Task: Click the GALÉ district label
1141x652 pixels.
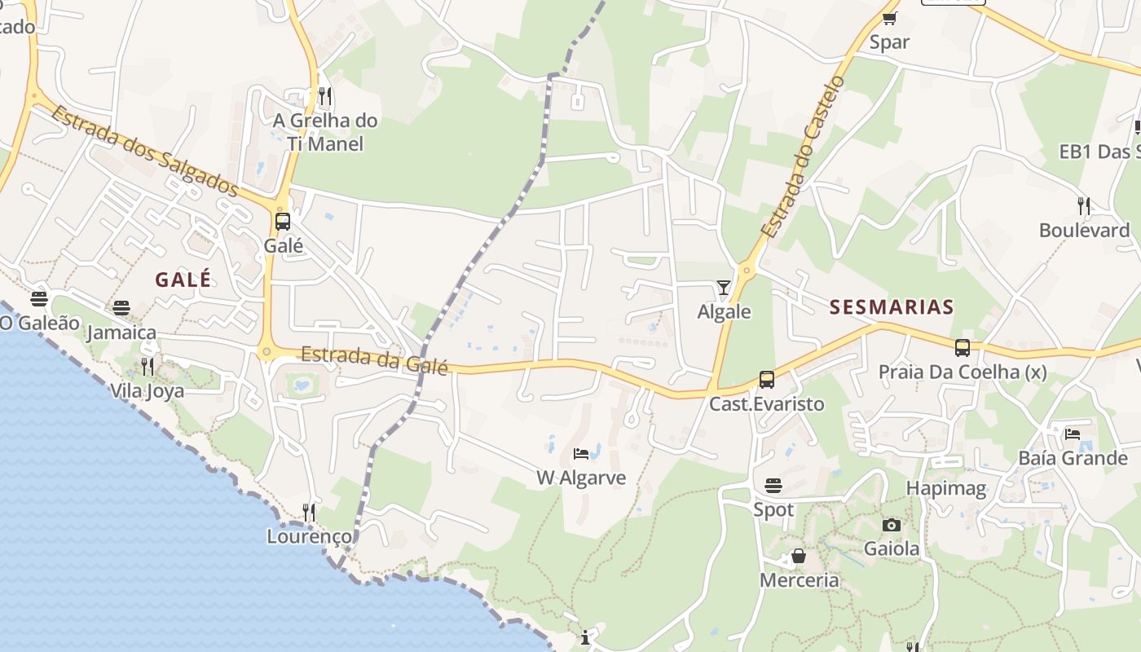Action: coord(183,280)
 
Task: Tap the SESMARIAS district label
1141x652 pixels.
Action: coord(891,307)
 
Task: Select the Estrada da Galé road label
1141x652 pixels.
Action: coord(374,359)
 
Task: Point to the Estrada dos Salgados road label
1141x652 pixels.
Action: coord(144,151)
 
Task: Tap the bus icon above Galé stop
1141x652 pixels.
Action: coord(283,221)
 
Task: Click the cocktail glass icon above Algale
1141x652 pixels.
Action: coord(723,287)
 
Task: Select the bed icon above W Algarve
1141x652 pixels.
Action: coord(581,453)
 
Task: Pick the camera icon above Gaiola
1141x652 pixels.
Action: coord(891,525)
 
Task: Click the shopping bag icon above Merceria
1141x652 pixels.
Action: coord(799,557)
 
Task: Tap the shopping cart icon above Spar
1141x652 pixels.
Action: coord(889,18)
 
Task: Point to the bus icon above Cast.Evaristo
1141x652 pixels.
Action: coord(766,379)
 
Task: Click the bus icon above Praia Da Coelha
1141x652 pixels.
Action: coord(962,348)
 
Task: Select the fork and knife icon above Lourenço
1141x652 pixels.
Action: coord(309,512)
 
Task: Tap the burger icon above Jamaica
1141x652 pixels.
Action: coord(121,307)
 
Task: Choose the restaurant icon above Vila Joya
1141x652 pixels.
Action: coord(147,366)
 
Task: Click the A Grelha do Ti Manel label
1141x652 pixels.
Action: coord(325,132)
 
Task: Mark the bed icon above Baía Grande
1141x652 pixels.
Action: coord(1073,434)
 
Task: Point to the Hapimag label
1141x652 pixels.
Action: coord(946,489)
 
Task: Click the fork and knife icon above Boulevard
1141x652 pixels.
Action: coord(1083,205)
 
